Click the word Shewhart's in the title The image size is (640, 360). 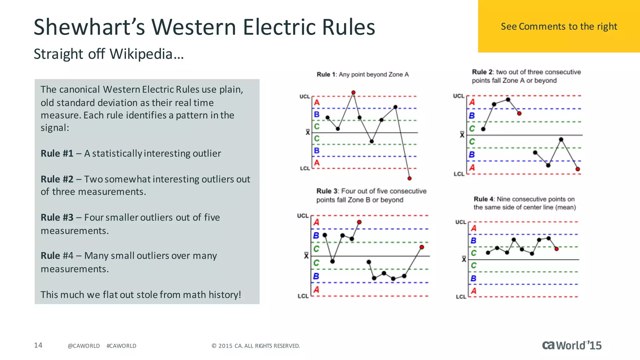(x=89, y=27)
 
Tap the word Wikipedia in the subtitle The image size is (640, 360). (x=141, y=54)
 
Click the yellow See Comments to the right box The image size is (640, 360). (x=559, y=26)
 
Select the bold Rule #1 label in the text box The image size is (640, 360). (x=57, y=153)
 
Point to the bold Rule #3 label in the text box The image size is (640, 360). (x=57, y=217)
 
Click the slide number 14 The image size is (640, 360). (x=38, y=345)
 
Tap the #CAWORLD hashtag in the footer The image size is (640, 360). (x=121, y=346)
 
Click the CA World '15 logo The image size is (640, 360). (x=572, y=345)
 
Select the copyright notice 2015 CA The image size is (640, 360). (x=256, y=346)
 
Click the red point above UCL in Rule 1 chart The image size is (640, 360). (x=353, y=92)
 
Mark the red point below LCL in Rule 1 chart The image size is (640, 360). (x=409, y=178)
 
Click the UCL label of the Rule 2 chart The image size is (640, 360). (x=459, y=96)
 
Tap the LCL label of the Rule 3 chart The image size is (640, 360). (x=303, y=296)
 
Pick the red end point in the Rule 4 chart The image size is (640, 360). (x=557, y=249)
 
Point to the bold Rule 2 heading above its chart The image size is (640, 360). (x=482, y=72)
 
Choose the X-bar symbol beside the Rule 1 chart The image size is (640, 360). (x=308, y=132)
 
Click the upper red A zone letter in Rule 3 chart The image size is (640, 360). (x=316, y=222)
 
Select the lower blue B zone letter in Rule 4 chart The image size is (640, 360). (x=473, y=278)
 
